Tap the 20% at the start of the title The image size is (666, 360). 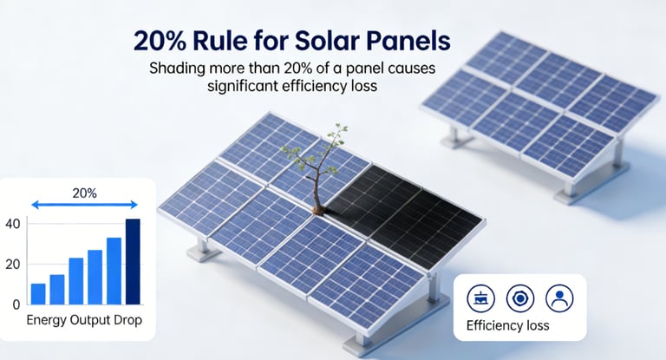tap(160, 41)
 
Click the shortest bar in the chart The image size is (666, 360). tap(38, 293)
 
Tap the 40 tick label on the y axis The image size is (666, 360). tap(12, 224)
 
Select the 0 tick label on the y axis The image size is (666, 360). tap(16, 304)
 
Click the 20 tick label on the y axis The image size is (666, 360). tap(12, 264)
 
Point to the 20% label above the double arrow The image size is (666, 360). tap(85, 191)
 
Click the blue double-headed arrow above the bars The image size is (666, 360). tap(85, 205)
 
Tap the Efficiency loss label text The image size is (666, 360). tap(507, 326)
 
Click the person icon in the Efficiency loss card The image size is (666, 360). tap(559, 298)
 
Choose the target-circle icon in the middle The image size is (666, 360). tap(520, 298)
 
